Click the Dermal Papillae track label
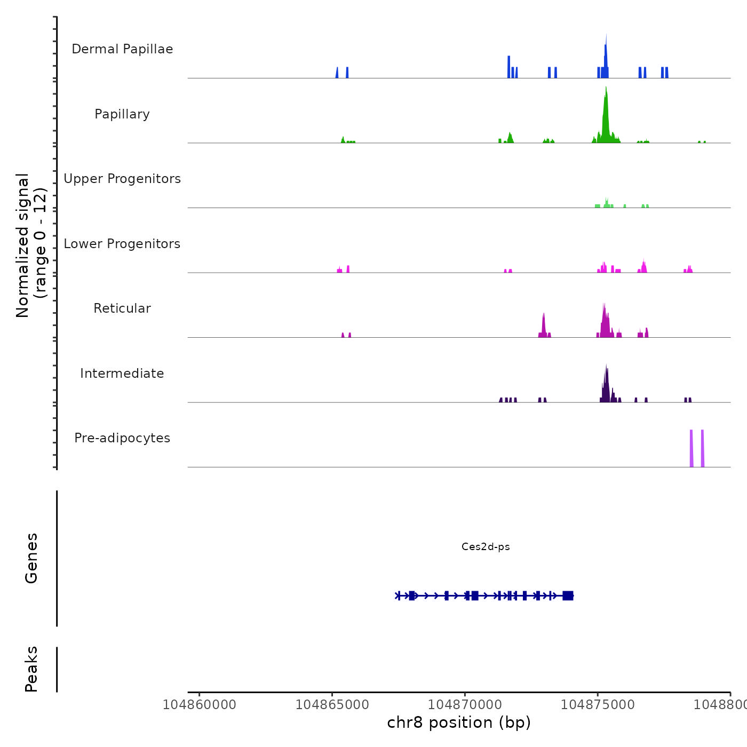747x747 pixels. [x=122, y=49]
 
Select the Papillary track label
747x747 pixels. [x=122, y=114]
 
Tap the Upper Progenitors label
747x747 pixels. [x=122, y=179]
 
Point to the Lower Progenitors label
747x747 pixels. [x=122, y=244]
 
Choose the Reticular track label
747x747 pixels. [x=122, y=308]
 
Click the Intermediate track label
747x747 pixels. [x=122, y=373]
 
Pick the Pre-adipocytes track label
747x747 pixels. [x=122, y=438]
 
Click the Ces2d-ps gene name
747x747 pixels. [x=486, y=547]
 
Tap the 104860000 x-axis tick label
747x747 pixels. [x=200, y=705]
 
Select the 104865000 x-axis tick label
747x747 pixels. [x=332, y=705]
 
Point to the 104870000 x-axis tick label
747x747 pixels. [x=465, y=705]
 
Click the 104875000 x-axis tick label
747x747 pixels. [x=598, y=705]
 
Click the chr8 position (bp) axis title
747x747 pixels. [x=459, y=722]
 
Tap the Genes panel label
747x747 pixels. [x=31, y=558]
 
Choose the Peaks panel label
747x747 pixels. [x=31, y=669]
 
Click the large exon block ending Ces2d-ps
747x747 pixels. [x=568, y=595]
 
